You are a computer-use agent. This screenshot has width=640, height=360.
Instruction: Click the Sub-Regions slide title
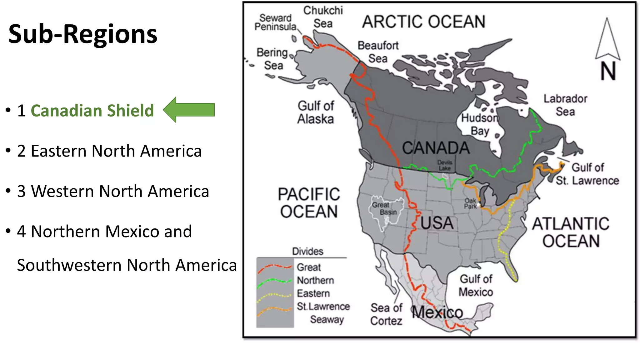point(83,34)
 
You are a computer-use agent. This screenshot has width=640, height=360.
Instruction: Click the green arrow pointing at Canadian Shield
point(189,110)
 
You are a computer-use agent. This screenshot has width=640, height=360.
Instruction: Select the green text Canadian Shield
point(92,111)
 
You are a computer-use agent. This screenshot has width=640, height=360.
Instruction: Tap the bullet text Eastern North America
point(116,151)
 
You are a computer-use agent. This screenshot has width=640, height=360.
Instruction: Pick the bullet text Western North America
point(120,191)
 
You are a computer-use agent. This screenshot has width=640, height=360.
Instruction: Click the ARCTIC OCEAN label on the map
point(423,22)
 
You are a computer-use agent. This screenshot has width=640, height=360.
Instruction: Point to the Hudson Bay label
point(480,124)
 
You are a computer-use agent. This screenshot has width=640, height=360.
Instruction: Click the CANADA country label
point(436,148)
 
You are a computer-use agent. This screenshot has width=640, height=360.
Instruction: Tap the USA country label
point(437,223)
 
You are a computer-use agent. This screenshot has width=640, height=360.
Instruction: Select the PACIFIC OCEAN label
point(309,203)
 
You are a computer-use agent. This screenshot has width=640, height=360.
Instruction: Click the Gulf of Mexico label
point(476,285)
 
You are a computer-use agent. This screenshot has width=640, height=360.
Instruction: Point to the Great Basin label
point(384,208)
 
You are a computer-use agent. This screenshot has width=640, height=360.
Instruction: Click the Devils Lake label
point(444,165)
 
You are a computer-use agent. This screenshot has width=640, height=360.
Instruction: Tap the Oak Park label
point(470,203)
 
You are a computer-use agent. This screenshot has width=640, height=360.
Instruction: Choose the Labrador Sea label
point(565,105)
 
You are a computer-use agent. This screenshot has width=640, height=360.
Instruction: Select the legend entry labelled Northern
point(315,280)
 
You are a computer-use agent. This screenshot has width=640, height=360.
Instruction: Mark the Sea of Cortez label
point(386,314)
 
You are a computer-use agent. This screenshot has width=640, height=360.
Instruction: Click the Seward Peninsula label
point(275,22)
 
